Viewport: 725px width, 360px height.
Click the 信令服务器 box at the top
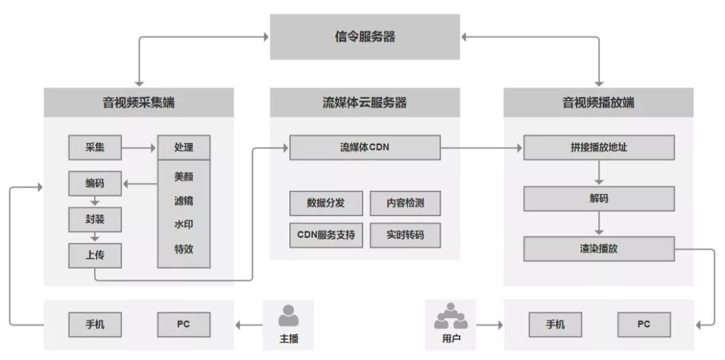(x=365, y=37)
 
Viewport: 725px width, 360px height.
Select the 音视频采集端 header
(x=139, y=103)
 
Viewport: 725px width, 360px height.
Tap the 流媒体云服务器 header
(x=365, y=103)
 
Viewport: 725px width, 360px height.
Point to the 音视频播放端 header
(x=598, y=103)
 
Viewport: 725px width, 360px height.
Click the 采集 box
(x=95, y=148)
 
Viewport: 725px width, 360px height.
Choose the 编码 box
(x=95, y=183)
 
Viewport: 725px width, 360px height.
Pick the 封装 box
(x=95, y=219)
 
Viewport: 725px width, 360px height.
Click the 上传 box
(x=95, y=255)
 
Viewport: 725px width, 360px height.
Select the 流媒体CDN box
(x=365, y=148)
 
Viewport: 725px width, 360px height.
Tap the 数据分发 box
(x=326, y=203)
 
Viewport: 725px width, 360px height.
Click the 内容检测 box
(x=405, y=203)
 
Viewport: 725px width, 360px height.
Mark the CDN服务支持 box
(x=326, y=236)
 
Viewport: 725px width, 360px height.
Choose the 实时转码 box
(x=405, y=236)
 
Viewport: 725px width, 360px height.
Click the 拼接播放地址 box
(x=598, y=148)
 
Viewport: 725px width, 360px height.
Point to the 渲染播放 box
(x=598, y=249)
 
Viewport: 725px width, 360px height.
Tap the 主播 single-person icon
(x=289, y=316)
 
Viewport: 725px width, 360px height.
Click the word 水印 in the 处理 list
(x=183, y=224)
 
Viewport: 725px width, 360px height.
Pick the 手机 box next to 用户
(x=555, y=325)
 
